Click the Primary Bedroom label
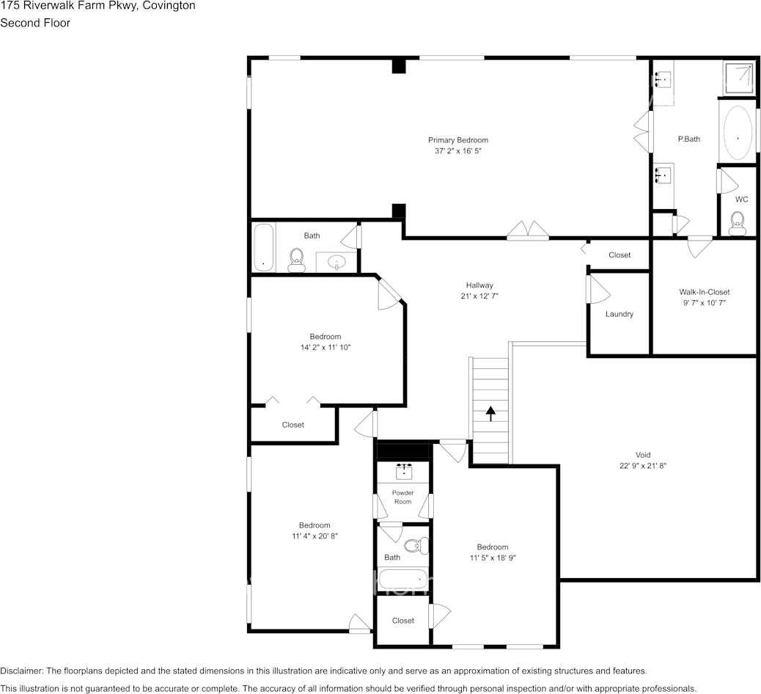(457, 140)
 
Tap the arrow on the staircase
(490, 413)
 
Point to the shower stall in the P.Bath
(738, 78)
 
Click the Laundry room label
(619, 314)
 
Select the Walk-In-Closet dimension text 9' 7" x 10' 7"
(704, 302)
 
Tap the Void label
(642, 455)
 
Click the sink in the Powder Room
(404, 470)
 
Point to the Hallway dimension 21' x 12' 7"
(479, 296)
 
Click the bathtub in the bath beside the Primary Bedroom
(263, 247)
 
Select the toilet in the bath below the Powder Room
(416, 545)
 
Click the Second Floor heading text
(35, 23)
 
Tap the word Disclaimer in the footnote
(21, 671)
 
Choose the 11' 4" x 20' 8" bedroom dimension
(314, 536)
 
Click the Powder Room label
(402, 497)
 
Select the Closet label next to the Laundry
(620, 255)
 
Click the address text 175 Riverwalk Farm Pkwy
(70, 6)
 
